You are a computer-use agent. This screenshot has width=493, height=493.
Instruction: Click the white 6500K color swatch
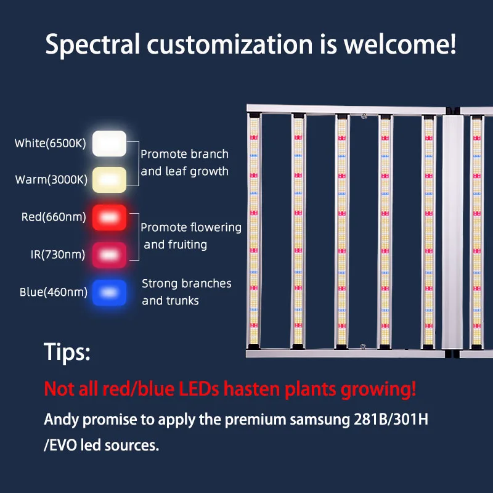[110, 144]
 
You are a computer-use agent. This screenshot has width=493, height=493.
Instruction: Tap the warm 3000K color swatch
[110, 179]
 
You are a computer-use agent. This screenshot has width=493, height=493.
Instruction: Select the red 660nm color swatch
[110, 218]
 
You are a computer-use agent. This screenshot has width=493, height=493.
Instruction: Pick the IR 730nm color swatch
[110, 255]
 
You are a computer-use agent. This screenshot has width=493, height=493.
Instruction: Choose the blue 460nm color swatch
[110, 292]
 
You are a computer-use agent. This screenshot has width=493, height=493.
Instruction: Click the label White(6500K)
[51, 144]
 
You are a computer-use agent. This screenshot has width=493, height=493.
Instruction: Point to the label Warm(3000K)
[51, 179]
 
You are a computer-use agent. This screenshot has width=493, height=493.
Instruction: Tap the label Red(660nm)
[54, 217]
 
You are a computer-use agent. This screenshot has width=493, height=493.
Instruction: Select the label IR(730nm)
[58, 255]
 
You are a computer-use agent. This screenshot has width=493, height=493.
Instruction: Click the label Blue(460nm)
[54, 292]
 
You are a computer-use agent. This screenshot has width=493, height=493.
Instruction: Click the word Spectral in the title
[93, 44]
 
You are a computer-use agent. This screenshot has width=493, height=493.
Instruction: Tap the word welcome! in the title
[399, 44]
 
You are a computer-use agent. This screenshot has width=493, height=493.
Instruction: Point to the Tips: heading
[67, 351]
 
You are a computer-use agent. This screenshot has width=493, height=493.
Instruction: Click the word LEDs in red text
[198, 389]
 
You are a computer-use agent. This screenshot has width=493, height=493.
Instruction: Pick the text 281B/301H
[391, 420]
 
